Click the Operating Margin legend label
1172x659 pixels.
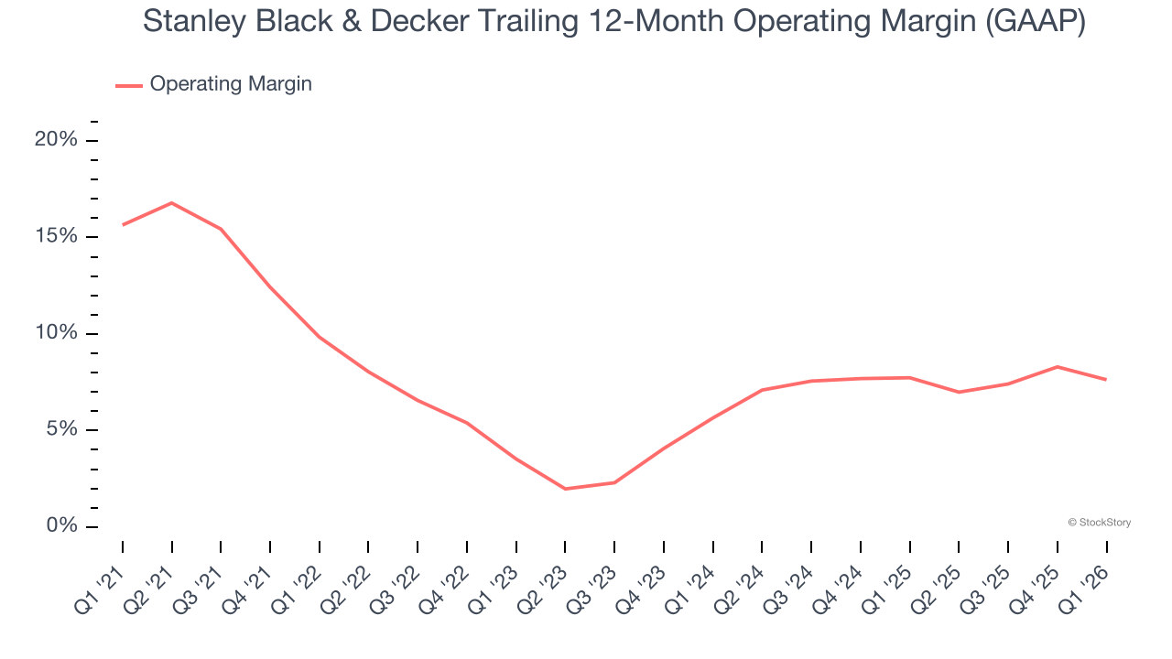click(231, 84)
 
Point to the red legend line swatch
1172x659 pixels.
click(128, 85)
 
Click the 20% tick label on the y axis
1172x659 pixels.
click(56, 140)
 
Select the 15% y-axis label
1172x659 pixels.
click(56, 236)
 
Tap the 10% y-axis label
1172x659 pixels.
click(56, 333)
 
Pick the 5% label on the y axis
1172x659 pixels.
click(60, 429)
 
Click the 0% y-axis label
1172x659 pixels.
click(60, 526)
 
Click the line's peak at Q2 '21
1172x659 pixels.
click(171, 203)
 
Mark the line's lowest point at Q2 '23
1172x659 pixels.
click(565, 489)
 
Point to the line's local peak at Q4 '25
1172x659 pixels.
click(1058, 367)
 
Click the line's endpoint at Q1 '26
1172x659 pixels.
click(1106, 379)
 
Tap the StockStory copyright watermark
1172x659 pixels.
click(1099, 523)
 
